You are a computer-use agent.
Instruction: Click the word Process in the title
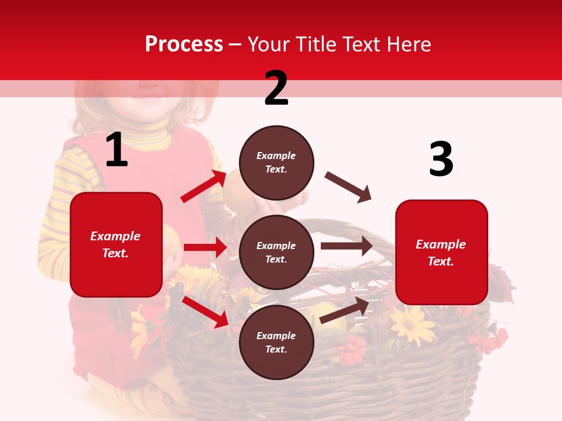pyautogui.click(x=184, y=44)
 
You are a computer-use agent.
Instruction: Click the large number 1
pyautogui.click(x=116, y=150)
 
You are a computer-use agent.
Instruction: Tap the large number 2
pyautogui.click(x=276, y=88)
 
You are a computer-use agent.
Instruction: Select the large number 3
pyautogui.click(x=441, y=159)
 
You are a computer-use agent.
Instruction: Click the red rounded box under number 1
pyautogui.click(x=116, y=244)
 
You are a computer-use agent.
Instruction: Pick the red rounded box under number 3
pyautogui.click(x=441, y=252)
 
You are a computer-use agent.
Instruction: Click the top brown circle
pyautogui.click(x=276, y=163)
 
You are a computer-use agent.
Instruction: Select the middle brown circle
pyautogui.click(x=276, y=252)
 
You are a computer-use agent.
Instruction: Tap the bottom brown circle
pyautogui.click(x=276, y=342)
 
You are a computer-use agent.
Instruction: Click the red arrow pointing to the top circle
pyautogui.click(x=203, y=187)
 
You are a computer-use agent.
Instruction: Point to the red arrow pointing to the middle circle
pyautogui.click(x=205, y=247)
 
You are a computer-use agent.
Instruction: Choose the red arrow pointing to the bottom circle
pyautogui.click(x=205, y=312)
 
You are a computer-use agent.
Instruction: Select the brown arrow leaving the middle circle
pyautogui.click(x=346, y=246)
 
